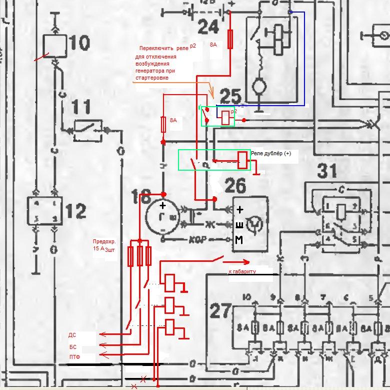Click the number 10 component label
point(79,44)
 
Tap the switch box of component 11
point(88,129)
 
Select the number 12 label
point(76,212)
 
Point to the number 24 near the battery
point(209,26)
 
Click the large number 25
point(230,97)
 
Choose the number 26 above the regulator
point(235,186)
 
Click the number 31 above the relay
point(328,172)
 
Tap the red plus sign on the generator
point(162,205)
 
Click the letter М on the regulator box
point(239,241)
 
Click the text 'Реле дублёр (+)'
point(270,155)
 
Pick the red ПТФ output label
point(74,357)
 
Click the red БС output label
point(72,346)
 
